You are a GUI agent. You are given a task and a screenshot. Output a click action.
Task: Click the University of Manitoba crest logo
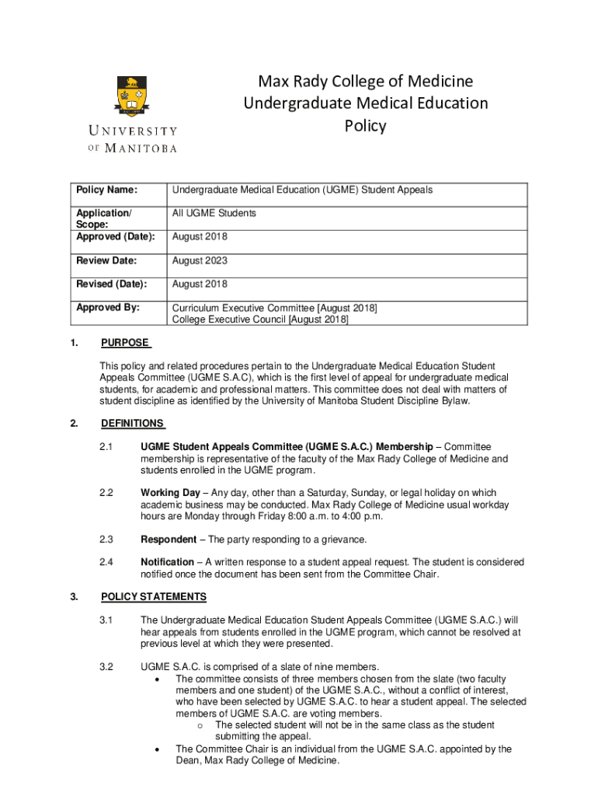pos(132,97)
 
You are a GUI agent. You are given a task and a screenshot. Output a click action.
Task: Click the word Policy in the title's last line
pos(365,125)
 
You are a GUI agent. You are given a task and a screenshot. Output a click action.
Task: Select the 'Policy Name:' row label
pos(106,190)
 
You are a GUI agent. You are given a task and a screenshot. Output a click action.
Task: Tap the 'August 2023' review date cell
pos(200,260)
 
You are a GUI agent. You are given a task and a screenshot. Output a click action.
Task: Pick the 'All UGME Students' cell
pos(214,213)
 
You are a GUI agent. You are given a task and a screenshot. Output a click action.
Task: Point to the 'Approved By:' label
pos(108,308)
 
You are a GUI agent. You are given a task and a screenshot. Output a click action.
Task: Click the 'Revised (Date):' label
pos(111,285)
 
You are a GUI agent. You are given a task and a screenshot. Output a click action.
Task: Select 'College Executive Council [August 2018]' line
pos(260,319)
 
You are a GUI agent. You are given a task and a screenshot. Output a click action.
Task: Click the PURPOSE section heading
pos(126,344)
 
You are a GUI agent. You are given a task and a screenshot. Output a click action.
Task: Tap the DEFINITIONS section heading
pos(132,424)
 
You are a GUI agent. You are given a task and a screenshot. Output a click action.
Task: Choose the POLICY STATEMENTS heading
pos(154,597)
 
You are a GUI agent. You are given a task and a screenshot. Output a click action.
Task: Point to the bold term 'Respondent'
pos(168,539)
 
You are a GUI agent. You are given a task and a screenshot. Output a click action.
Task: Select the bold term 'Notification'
pos(167,562)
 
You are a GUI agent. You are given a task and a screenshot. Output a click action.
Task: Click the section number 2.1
pos(106,447)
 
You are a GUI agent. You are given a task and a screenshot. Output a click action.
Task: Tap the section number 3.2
pos(106,667)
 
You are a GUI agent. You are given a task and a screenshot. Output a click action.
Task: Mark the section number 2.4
pos(106,562)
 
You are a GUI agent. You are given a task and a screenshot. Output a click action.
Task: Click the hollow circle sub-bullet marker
pos(200,726)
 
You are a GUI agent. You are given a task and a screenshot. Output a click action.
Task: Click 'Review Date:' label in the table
pos(106,260)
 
